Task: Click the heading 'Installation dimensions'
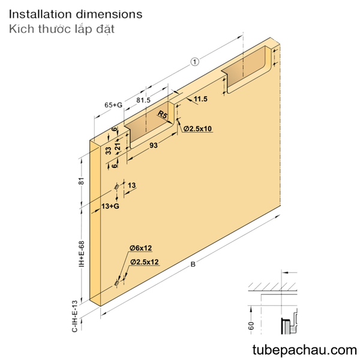point(76,14)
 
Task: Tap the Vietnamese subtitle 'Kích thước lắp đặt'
point(62,29)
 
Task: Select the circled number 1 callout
point(194,62)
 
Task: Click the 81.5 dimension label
point(143,100)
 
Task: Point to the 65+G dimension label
point(113,105)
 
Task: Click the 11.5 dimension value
point(200,99)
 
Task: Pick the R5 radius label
point(163,114)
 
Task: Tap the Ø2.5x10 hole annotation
point(197,128)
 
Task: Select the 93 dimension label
point(154,145)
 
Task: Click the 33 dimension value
point(109,151)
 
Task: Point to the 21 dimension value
point(118,146)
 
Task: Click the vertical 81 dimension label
point(82,181)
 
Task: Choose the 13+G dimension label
point(110,206)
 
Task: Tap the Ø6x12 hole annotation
point(140,248)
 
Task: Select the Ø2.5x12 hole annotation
point(145,262)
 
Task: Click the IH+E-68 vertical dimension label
point(82,254)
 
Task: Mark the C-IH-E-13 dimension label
point(75,316)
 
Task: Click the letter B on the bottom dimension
point(193,265)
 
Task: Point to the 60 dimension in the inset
point(251,326)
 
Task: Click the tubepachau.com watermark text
point(305,350)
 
